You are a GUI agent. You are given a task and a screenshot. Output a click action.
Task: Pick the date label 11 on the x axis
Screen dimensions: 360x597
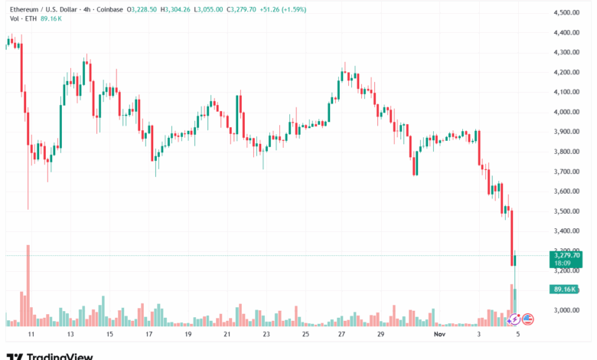30,335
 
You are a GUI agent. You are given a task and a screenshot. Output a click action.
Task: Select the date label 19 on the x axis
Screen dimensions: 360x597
188,335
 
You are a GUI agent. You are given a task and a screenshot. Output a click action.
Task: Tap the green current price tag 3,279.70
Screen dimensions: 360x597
566,256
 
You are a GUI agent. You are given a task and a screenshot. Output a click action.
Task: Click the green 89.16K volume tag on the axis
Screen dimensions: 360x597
566,289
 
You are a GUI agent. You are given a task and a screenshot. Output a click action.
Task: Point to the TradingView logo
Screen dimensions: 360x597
50,355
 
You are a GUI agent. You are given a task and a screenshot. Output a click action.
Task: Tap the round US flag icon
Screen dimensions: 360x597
527,319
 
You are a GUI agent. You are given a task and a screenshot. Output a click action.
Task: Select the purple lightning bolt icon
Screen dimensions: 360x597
515,319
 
